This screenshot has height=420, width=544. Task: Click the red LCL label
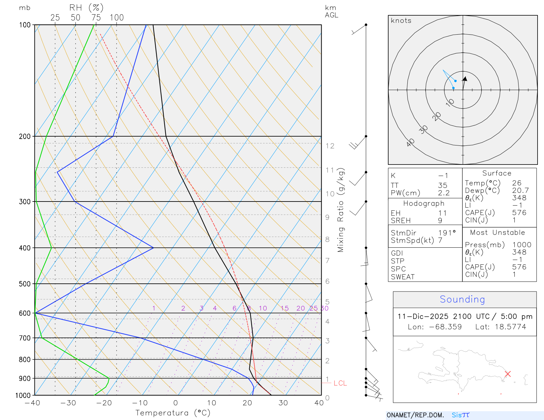(340, 383)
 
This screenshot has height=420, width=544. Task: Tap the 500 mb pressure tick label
(25, 284)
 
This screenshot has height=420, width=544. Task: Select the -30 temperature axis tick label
(68, 403)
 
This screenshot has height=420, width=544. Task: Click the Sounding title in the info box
(462, 299)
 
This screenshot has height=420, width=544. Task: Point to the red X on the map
(508, 374)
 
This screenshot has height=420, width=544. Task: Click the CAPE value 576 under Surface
(519, 213)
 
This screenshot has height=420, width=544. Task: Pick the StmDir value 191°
(447, 233)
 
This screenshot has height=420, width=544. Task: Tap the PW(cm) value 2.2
(444, 193)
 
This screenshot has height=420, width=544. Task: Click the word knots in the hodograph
(401, 21)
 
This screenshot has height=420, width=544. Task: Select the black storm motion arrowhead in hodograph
(465, 79)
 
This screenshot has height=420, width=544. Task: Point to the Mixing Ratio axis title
(341, 210)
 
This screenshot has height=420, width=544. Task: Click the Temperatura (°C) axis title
(173, 413)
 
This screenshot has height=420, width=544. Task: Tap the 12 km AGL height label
(330, 146)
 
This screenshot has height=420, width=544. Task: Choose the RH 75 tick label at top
(96, 18)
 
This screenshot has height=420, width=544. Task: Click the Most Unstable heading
(497, 233)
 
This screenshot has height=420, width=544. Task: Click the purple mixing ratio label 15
(285, 308)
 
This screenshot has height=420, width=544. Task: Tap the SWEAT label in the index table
(403, 277)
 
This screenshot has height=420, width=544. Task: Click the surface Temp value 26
(517, 183)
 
